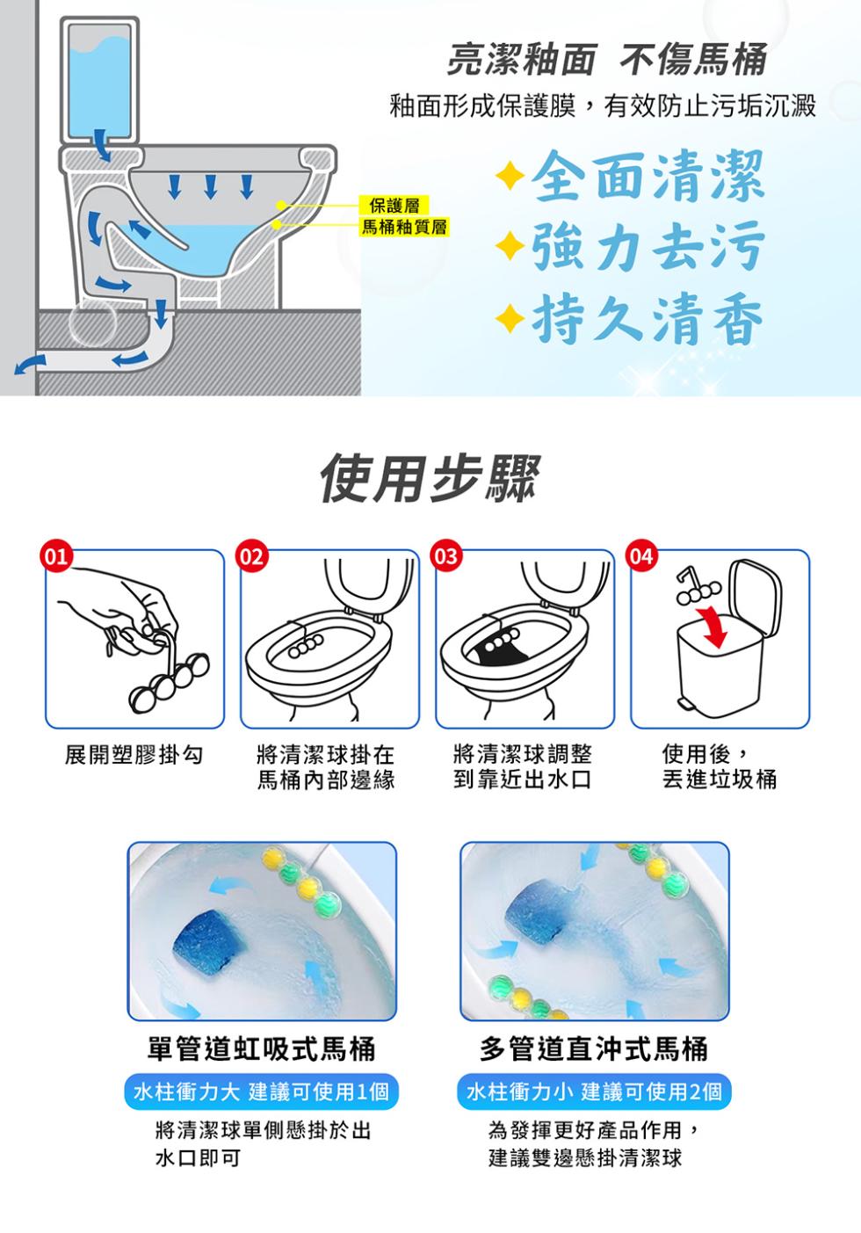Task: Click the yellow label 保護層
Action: [x=394, y=206]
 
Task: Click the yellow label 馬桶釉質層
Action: [x=404, y=226]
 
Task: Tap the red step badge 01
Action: [x=56, y=556]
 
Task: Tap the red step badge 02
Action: [x=251, y=556]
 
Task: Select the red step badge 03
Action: [x=446, y=556]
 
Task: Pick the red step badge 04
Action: [x=641, y=556]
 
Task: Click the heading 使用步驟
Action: [x=430, y=479]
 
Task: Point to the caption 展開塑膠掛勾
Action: [x=134, y=755]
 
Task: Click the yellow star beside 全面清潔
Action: [x=510, y=176]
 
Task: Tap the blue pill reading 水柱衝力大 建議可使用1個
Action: [x=261, y=1091]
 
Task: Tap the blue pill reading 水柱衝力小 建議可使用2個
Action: [x=594, y=1091]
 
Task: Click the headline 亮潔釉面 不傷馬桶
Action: [x=607, y=60]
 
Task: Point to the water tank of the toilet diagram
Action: [x=99, y=80]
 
